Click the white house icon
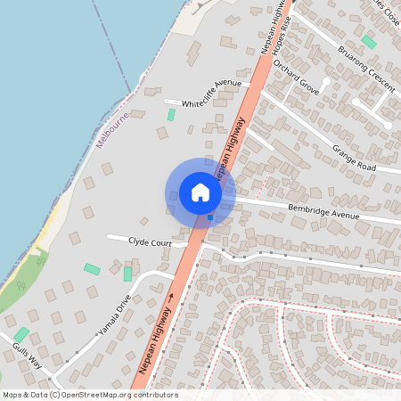click(200, 192)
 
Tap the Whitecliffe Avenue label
click(211, 94)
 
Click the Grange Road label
click(354, 157)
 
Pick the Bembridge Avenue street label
click(323, 212)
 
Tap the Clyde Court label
click(150, 241)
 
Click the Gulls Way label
click(27, 353)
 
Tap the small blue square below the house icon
click(210, 217)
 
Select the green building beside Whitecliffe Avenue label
click(171, 115)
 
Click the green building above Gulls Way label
click(21, 335)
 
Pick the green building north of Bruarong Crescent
click(368, 42)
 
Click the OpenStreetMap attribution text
click(90, 395)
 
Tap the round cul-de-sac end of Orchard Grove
click(326, 81)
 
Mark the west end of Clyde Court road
click(110, 238)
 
